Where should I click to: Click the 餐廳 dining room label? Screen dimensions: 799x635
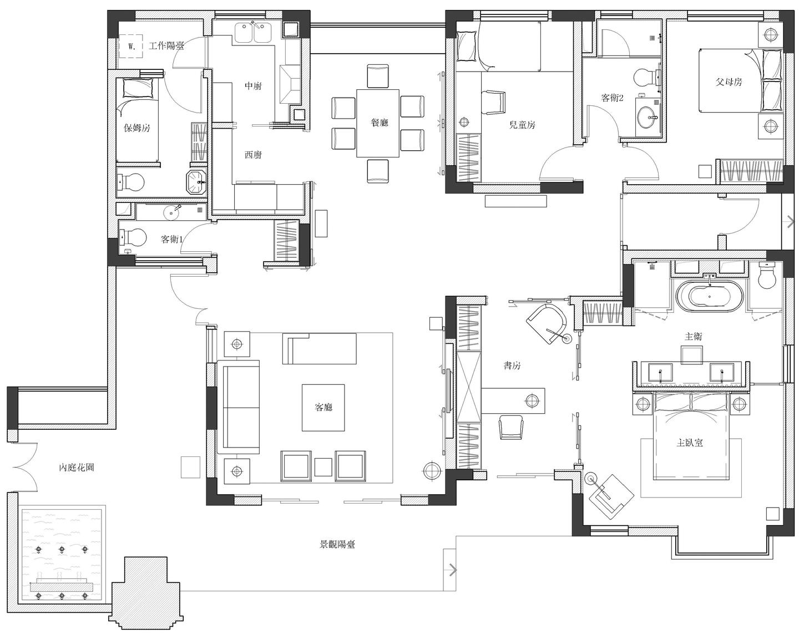(380, 122)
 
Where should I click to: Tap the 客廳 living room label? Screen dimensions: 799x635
(323, 407)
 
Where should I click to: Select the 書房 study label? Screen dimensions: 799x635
(512, 365)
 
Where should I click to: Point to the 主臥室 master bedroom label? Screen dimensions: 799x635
(690, 443)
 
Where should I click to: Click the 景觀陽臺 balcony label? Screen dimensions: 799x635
(337, 545)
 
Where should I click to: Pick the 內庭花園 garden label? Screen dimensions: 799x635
(77, 468)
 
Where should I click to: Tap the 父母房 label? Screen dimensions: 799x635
(729, 82)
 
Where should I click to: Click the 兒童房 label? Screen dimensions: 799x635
(522, 125)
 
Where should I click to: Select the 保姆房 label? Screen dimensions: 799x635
(137, 128)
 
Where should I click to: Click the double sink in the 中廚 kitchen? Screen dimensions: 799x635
(254, 33)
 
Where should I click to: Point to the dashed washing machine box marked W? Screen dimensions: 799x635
(131, 47)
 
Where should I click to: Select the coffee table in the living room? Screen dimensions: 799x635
(323, 408)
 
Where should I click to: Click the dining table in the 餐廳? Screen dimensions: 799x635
(378, 123)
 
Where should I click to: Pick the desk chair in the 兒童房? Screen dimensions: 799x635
(493, 102)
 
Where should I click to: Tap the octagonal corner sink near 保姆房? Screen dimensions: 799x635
(196, 182)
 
